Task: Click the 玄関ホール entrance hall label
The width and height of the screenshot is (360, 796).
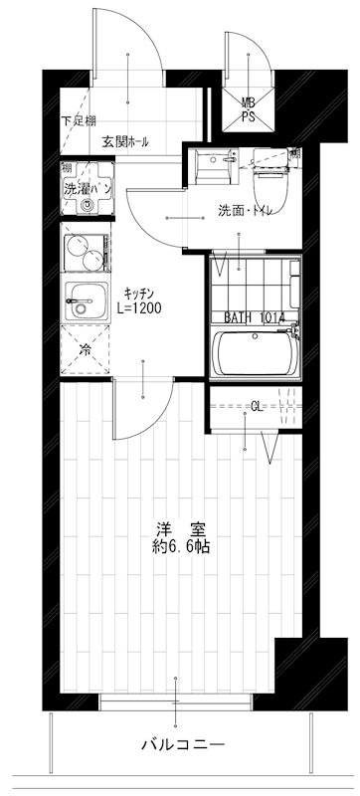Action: coord(125,142)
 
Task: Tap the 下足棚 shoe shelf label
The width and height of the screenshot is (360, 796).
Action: coord(79,121)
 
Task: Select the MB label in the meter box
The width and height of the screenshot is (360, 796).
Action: coord(249,101)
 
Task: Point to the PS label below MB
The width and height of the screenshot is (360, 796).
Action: coord(249,116)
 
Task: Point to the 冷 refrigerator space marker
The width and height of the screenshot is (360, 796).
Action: coord(86,349)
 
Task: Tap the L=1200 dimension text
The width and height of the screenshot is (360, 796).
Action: coord(138,308)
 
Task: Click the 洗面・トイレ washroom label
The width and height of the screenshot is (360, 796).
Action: coord(247,210)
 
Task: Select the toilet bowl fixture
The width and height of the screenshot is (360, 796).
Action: coord(271,170)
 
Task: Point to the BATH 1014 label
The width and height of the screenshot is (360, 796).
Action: coord(255,317)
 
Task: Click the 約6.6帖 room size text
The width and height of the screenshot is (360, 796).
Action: coord(180,546)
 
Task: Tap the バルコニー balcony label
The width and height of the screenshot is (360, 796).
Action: coord(181,744)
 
